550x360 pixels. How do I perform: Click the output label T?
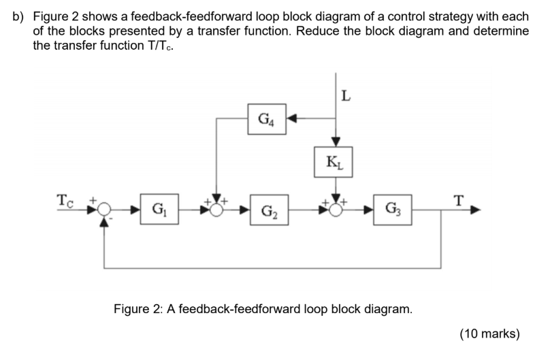coord(459,200)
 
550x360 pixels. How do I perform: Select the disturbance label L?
coord(346,96)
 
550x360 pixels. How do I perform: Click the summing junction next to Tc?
coord(103,210)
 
